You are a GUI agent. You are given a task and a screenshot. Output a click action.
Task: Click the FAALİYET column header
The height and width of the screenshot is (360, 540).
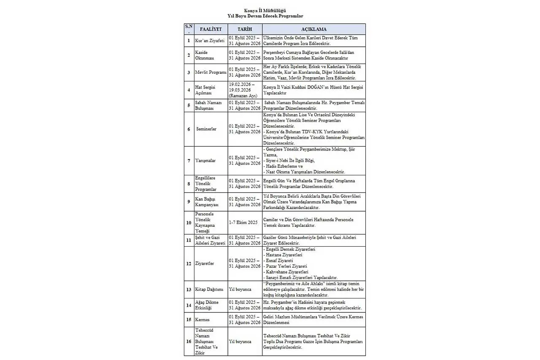(x=210, y=30)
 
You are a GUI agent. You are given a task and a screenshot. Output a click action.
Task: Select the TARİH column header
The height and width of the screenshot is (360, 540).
(x=245, y=30)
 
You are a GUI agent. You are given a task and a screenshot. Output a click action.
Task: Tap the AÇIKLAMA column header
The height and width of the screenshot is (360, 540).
(x=313, y=30)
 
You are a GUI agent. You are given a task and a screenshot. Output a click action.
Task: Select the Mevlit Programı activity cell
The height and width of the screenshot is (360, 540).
(x=211, y=73)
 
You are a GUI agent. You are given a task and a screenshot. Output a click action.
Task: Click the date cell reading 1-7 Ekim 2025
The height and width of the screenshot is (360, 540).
(x=243, y=222)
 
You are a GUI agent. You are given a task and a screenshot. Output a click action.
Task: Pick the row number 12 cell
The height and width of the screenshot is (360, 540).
(x=189, y=263)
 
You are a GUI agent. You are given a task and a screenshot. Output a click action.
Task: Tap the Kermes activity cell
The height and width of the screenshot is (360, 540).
(x=202, y=320)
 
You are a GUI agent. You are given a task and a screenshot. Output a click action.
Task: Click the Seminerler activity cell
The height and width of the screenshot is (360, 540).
(x=206, y=129)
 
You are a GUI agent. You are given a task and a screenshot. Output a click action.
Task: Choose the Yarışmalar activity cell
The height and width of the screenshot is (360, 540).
(x=205, y=161)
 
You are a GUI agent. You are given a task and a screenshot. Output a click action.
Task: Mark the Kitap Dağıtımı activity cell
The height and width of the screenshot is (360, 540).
(x=209, y=290)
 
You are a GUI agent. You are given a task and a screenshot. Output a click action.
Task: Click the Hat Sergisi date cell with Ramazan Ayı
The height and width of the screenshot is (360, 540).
(x=245, y=90)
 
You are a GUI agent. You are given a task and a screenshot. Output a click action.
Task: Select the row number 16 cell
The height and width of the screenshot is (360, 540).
(x=189, y=341)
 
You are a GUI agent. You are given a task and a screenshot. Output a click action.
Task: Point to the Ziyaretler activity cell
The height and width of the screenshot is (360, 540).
(x=205, y=263)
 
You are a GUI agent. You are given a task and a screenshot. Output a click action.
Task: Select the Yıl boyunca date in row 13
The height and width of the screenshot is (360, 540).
(x=240, y=290)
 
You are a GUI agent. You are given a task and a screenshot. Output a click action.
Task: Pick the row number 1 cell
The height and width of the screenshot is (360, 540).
(x=189, y=41)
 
